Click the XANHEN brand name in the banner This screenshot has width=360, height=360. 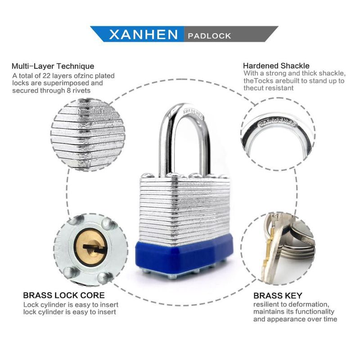(144, 35)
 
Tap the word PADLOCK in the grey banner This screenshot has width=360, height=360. (209, 36)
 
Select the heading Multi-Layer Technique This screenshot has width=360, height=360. (53, 66)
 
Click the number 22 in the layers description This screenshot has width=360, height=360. (47, 76)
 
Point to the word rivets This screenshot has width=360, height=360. (81, 90)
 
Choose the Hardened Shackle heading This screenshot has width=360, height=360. (276, 66)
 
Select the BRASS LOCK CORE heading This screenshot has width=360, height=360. (64, 295)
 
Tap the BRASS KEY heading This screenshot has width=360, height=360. (278, 296)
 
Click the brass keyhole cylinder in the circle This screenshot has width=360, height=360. (92, 247)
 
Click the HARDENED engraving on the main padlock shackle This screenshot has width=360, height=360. (193, 114)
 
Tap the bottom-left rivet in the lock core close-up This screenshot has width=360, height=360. (70, 272)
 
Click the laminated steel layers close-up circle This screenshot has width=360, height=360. (88, 135)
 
